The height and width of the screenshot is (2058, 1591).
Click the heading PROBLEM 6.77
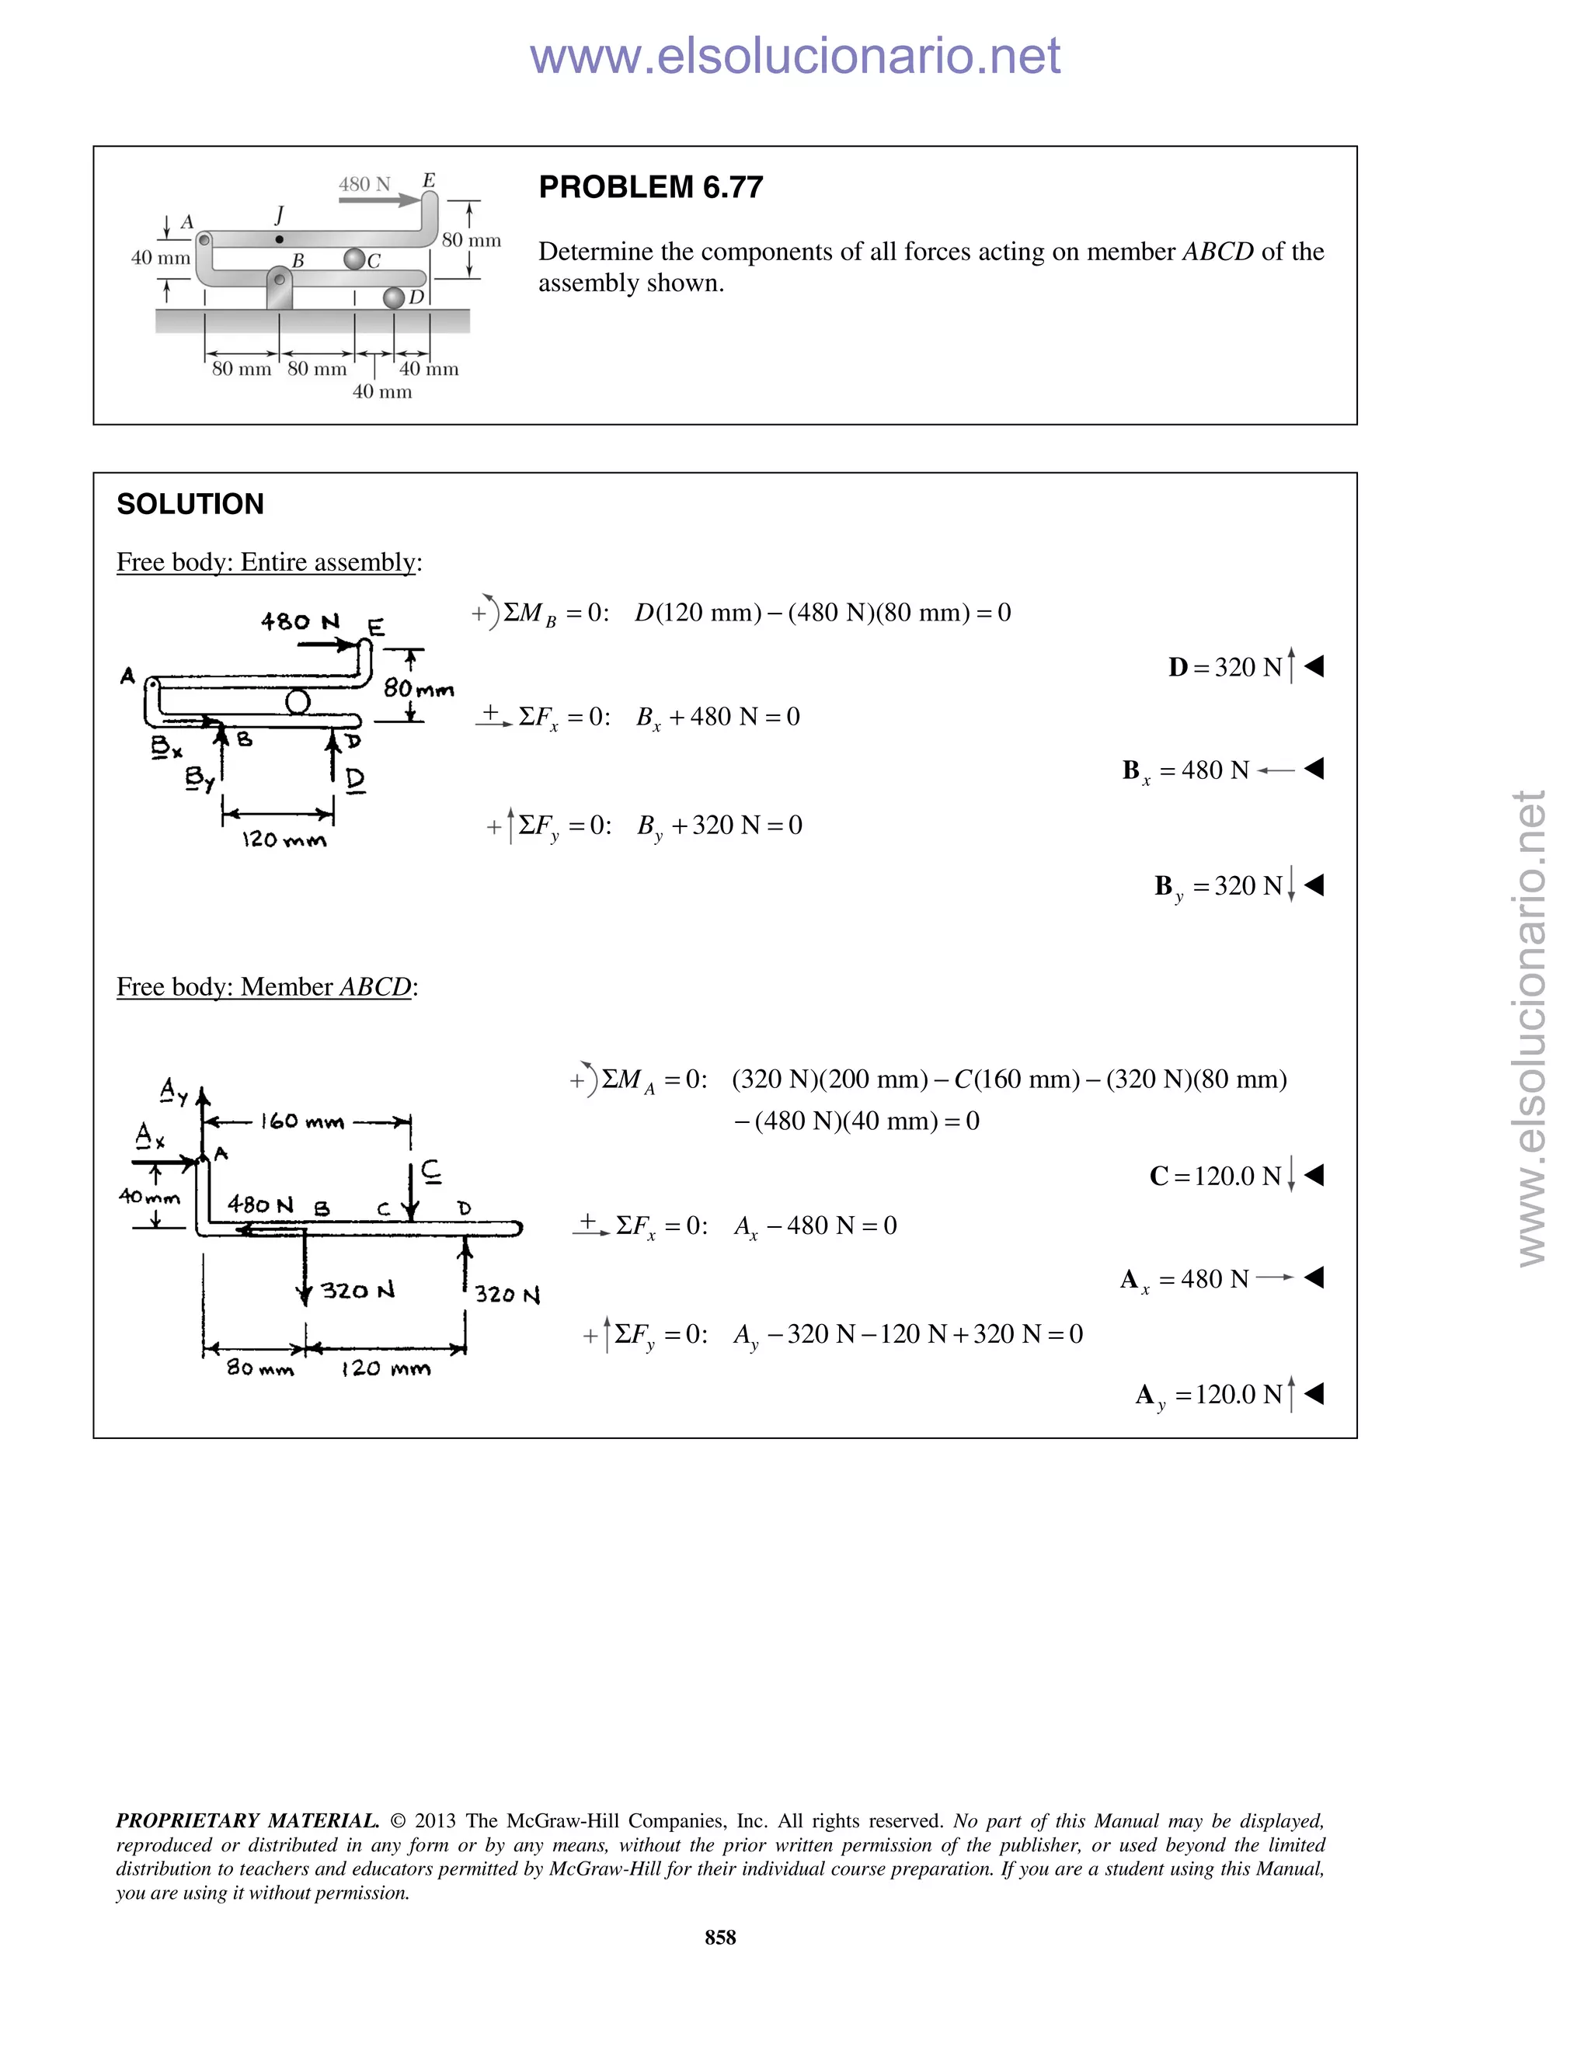coord(650,187)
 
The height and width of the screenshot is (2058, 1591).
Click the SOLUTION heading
coord(190,504)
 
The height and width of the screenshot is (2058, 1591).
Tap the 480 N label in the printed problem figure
coord(364,185)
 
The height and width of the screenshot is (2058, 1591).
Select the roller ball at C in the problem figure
coord(353,258)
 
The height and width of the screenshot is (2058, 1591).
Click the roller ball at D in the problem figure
coord(394,297)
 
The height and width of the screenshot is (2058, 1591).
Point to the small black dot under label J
coord(279,240)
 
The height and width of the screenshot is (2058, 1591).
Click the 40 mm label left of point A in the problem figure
coord(160,258)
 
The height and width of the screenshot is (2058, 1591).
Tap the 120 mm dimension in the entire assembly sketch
coord(284,840)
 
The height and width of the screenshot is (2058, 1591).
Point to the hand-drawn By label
coord(200,778)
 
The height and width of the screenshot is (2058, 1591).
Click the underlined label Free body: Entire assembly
coord(269,562)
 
